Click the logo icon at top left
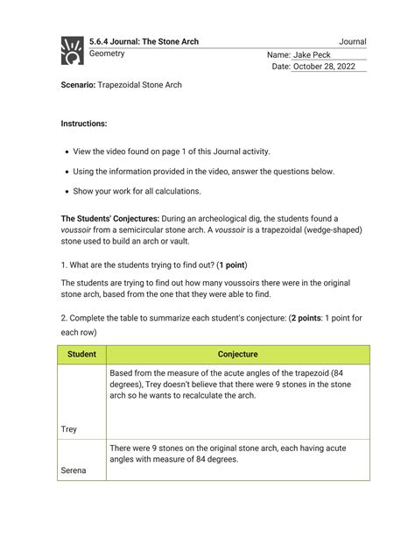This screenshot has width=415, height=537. (x=71, y=50)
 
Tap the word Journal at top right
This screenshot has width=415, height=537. (x=352, y=41)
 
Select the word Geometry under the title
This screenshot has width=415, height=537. (x=107, y=54)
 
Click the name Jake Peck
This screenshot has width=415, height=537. (x=313, y=55)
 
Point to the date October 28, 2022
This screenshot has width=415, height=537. (x=325, y=67)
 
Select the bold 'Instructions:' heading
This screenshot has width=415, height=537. (x=84, y=124)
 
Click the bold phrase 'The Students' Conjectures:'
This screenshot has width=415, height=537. (x=115, y=218)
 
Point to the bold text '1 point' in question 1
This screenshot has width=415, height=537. (x=231, y=265)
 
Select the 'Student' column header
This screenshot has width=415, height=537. (x=82, y=355)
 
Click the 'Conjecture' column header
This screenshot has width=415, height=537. (x=237, y=355)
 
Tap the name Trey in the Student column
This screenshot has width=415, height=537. (x=69, y=429)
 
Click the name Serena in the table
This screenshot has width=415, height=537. (x=74, y=470)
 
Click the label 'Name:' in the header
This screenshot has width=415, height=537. (x=278, y=55)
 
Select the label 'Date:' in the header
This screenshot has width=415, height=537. (x=280, y=67)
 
